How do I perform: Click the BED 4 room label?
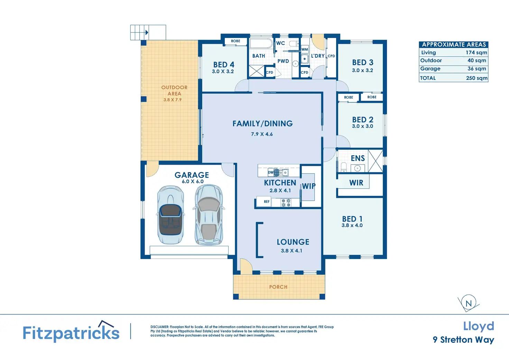(x=224, y=65)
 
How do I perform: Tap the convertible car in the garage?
(x=170, y=215)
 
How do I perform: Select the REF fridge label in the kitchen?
(x=267, y=202)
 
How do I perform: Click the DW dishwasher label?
(x=271, y=172)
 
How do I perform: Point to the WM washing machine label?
(x=305, y=49)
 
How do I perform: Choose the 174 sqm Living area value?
(x=476, y=53)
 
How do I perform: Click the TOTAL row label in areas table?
(x=428, y=78)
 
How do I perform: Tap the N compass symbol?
(x=469, y=303)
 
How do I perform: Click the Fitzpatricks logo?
(x=71, y=332)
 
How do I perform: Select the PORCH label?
(x=278, y=287)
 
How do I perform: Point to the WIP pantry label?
(x=308, y=186)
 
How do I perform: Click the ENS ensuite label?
(x=358, y=158)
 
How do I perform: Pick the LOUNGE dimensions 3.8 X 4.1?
(x=291, y=251)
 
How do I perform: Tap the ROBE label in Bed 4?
(x=235, y=41)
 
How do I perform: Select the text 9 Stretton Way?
(x=464, y=340)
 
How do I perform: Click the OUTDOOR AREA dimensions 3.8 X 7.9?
(x=173, y=100)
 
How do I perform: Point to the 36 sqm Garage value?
(x=477, y=68)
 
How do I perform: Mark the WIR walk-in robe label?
(x=356, y=183)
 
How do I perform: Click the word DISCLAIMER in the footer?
(x=159, y=327)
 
